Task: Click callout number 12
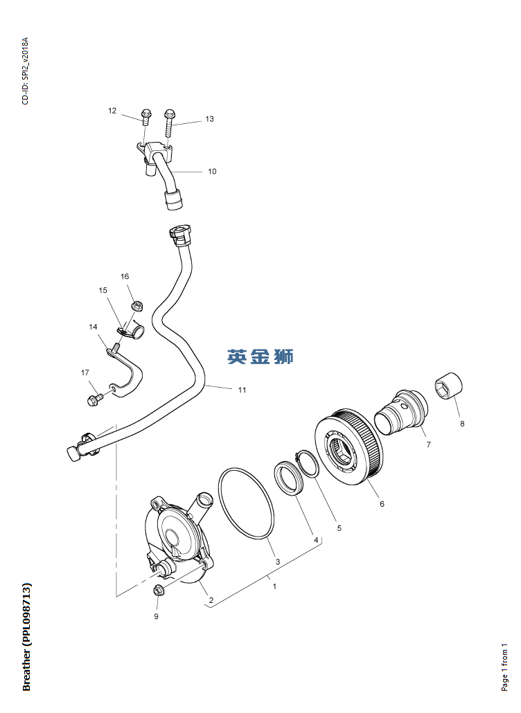(112, 111)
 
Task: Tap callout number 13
(209, 118)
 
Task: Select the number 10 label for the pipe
(212, 172)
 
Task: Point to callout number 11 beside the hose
(242, 390)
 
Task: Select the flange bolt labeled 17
(95, 400)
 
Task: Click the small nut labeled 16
(136, 307)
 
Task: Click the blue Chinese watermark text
(260, 356)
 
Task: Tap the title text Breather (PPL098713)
(26, 637)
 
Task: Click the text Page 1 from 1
(504, 667)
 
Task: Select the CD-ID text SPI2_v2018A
(25, 71)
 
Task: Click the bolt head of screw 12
(146, 113)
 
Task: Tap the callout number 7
(428, 444)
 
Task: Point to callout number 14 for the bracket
(93, 327)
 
